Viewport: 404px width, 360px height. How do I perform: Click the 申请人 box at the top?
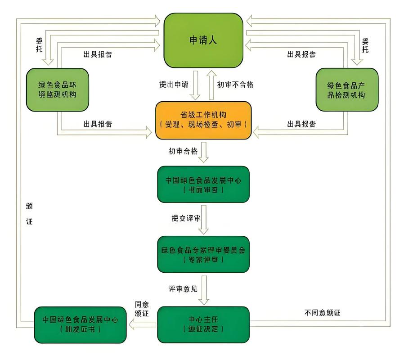pos(203,40)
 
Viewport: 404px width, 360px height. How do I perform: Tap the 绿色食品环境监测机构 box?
pos(57,90)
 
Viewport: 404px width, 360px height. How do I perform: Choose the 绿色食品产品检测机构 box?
pos(346,90)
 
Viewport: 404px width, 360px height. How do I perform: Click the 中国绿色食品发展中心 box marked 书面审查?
pos(203,184)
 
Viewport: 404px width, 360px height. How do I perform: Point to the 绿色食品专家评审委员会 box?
pos(203,254)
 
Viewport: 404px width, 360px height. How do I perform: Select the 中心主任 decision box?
pos(203,324)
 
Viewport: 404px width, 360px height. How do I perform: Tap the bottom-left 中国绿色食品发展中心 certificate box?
pos(81,324)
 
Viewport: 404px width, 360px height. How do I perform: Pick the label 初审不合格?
pos(235,85)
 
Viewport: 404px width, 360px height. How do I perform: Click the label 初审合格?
pos(183,151)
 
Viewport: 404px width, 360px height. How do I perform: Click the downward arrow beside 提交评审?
pos(204,220)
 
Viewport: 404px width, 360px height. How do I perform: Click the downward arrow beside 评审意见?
pos(204,290)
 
